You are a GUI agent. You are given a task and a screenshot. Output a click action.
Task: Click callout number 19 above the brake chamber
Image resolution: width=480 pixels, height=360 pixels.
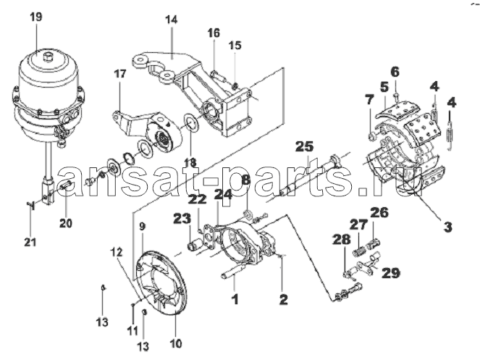click(x=36, y=17)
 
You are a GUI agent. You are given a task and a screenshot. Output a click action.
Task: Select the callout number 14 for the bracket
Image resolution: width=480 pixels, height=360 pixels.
click(x=171, y=20)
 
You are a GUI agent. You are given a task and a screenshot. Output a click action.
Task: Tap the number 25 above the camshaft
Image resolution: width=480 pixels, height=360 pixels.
click(x=306, y=146)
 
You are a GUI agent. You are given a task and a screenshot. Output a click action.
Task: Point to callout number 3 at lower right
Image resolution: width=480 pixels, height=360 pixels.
click(x=448, y=227)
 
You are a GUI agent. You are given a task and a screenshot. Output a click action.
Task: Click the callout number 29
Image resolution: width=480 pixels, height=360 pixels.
click(x=391, y=272)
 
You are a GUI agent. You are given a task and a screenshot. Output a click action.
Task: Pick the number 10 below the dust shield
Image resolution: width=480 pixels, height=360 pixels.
click(x=176, y=343)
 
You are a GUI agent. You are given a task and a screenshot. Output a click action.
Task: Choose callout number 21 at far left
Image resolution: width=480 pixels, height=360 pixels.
click(x=30, y=242)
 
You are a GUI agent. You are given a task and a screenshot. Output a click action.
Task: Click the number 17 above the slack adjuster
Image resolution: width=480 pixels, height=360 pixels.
click(x=120, y=74)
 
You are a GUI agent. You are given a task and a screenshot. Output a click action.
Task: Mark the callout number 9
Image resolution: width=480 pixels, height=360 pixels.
click(x=143, y=227)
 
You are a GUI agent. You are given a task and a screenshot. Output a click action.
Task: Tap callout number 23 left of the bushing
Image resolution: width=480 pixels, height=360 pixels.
click(x=182, y=219)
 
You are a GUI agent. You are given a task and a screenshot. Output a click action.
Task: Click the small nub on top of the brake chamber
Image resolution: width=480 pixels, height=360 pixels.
click(x=48, y=56)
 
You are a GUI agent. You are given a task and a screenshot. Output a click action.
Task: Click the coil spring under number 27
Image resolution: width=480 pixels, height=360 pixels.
click(x=359, y=247)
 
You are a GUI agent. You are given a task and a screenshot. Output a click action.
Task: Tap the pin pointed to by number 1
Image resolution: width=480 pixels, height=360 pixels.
click(x=232, y=272)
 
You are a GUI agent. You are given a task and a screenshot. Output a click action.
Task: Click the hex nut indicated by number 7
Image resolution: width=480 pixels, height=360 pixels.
click(x=370, y=135)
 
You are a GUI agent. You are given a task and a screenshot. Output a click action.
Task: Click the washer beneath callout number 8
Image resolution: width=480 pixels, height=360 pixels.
click(x=248, y=214)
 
